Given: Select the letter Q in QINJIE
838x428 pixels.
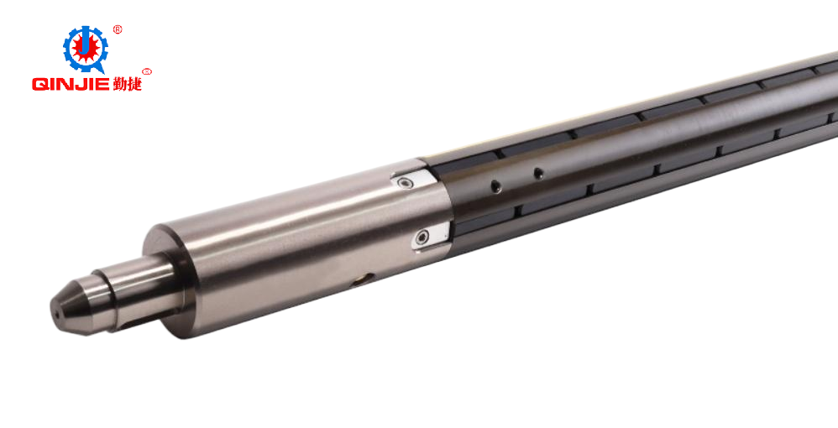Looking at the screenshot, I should tap(39, 84).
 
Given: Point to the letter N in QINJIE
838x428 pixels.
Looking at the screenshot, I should tap(67, 84).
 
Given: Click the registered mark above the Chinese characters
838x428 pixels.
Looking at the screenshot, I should tap(147, 71).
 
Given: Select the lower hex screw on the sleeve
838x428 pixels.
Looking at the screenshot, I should tap(426, 238).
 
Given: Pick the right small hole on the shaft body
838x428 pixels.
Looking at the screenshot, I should tap(538, 173).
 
